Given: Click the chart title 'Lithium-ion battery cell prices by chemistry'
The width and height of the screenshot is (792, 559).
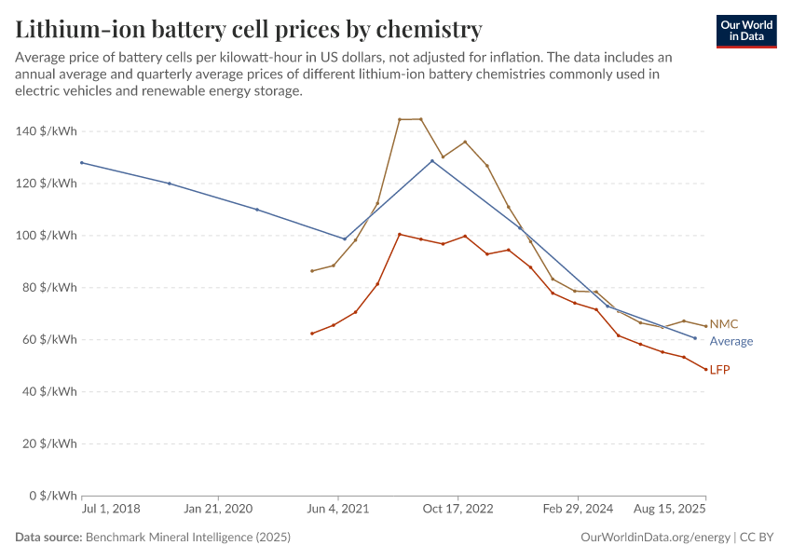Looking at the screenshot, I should click(x=248, y=29).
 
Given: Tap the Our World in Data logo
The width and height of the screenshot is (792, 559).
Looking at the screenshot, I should click(x=745, y=31).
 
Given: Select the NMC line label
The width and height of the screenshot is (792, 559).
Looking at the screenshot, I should click(x=724, y=324).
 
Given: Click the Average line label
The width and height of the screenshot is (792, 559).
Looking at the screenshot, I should click(x=731, y=341).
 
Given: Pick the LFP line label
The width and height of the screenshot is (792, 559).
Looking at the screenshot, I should click(x=719, y=370).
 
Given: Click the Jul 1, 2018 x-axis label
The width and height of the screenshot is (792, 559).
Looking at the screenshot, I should click(x=111, y=509).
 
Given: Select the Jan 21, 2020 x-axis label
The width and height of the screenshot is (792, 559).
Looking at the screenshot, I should click(x=218, y=509).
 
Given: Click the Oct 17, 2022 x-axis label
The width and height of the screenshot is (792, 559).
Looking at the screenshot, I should click(x=457, y=509).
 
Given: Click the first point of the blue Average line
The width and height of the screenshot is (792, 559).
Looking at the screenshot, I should click(x=82, y=163).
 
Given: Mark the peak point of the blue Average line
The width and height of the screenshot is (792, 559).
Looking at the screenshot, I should click(x=432, y=161).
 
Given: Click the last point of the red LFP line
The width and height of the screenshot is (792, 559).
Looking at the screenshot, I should click(x=705, y=370).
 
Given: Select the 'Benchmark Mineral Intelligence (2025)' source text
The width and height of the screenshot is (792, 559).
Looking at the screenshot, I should click(x=187, y=538).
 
